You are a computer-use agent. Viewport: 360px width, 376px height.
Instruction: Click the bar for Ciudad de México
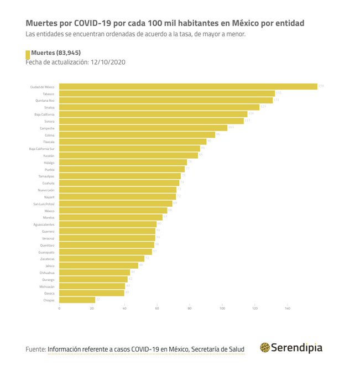(x=188, y=87)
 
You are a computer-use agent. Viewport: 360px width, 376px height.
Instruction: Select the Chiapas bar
(x=77, y=300)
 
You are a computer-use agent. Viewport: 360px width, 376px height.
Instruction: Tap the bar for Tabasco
(x=166, y=93)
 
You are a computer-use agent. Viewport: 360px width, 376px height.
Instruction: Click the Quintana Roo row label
(x=44, y=101)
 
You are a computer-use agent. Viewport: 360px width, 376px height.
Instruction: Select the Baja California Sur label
(x=41, y=149)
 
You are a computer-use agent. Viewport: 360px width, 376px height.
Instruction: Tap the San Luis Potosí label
(x=43, y=203)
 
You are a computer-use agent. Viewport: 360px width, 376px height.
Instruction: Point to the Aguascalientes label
(x=44, y=224)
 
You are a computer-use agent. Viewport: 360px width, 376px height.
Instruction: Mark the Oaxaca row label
(x=48, y=293)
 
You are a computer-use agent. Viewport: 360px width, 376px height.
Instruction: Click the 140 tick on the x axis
(x=288, y=308)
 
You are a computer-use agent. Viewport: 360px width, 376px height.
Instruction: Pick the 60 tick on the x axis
(x=157, y=308)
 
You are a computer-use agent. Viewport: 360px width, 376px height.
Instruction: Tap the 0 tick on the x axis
(x=59, y=308)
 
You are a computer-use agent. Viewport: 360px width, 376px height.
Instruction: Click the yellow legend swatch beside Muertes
(x=28, y=54)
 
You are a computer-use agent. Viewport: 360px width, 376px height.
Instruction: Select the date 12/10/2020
(x=107, y=62)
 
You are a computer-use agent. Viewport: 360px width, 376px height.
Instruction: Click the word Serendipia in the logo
(x=297, y=348)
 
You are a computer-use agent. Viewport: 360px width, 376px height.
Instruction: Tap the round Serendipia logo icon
(x=265, y=348)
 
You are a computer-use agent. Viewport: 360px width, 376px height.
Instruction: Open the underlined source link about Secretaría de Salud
(x=146, y=349)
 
